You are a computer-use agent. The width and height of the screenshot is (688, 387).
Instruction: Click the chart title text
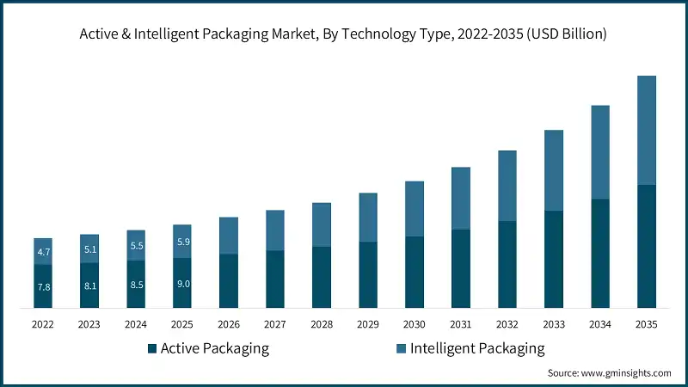pyautogui.click(x=344, y=34)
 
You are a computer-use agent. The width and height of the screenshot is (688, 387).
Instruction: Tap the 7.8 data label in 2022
pyautogui.click(x=43, y=286)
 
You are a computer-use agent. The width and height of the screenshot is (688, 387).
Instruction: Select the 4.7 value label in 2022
pyautogui.click(x=43, y=252)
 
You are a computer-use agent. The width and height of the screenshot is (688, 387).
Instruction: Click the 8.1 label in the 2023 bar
pyautogui.click(x=89, y=285)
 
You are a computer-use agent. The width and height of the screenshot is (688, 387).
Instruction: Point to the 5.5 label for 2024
pyautogui.click(x=136, y=246)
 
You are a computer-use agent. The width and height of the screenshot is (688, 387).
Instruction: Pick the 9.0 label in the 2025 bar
pyautogui.click(x=182, y=283)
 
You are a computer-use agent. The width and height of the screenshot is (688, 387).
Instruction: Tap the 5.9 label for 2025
pyautogui.click(x=182, y=242)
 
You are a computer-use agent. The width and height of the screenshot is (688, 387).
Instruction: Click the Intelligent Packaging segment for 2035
pyautogui.click(x=646, y=130)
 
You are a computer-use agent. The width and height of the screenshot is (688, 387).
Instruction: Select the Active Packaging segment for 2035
pyautogui.click(x=646, y=246)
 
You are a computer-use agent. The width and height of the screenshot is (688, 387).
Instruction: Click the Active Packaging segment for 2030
pyautogui.click(x=415, y=272)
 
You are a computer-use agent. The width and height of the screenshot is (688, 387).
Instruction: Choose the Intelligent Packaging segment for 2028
pyautogui.click(x=322, y=224)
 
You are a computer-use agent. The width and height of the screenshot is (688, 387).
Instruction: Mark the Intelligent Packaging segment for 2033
pyautogui.click(x=553, y=170)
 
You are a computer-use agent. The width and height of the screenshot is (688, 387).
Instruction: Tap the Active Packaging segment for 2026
pyautogui.click(x=229, y=280)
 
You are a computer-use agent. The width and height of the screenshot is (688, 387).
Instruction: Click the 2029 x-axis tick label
pyautogui.click(x=368, y=324)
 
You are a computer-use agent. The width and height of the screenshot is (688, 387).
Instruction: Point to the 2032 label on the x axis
pyautogui.click(x=507, y=324)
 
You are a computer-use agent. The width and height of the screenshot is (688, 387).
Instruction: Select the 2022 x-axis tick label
pyautogui.click(x=43, y=324)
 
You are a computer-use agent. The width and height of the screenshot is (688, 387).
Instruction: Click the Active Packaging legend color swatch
pyautogui.click(x=152, y=348)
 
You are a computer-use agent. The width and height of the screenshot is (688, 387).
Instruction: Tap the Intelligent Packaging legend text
pyautogui.click(x=477, y=348)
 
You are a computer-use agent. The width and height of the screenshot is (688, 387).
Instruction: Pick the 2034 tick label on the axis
pyautogui.click(x=599, y=324)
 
